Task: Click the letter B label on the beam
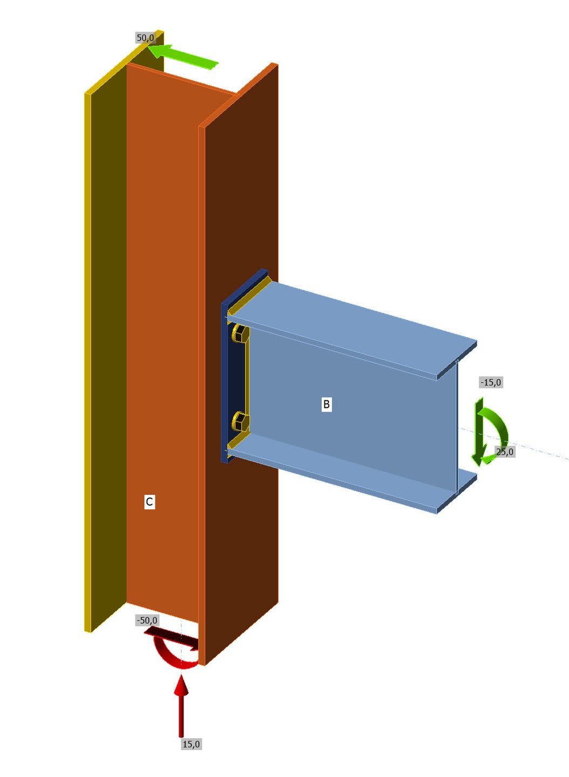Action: pos(326,404)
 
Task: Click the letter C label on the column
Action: pos(149,502)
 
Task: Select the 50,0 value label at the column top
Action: pos(145,37)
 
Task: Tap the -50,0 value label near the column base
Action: pos(147,620)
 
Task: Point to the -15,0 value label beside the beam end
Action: pos(491,383)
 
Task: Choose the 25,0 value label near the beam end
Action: pos(505,452)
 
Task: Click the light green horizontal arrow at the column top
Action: pos(183,56)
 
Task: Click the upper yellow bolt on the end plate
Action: pos(240,333)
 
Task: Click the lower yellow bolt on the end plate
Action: pos(240,421)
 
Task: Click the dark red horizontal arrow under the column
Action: pos(171,638)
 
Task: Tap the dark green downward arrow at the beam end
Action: pos(479,431)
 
